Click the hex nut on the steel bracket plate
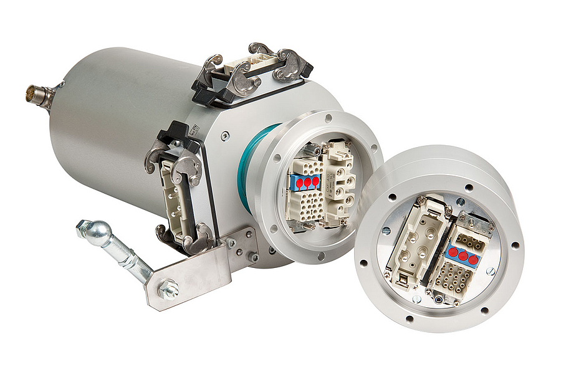pyautogui.click(x=168, y=289)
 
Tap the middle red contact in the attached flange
pyautogui.click(x=307, y=183)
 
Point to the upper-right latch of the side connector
pyautogui.click(x=188, y=166)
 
